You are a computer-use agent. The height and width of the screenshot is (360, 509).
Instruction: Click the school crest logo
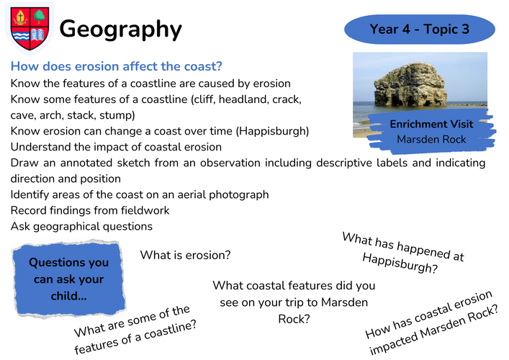pyautogui.click(x=30, y=29)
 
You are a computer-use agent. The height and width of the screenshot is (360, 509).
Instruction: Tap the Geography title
pyautogui.click(x=120, y=30)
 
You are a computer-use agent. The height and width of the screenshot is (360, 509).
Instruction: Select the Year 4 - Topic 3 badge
pyautogui.click(x=420, y=30)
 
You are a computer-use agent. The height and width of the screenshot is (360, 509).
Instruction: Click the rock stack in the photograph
pyautogui.click(x=410, y=85)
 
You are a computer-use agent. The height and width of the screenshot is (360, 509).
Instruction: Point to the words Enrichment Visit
pyautogui.click(x=431, y=124)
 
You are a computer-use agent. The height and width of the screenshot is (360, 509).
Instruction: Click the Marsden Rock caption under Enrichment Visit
pyautogui.click(x=431, y=139)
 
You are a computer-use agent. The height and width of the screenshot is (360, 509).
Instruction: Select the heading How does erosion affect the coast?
pyautogui.click(x=116, y=66)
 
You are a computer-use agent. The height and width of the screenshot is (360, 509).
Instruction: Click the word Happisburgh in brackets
pyautogui.click(x=273, y=131)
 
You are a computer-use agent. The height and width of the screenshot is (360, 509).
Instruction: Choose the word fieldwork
pyautogui.click(x=145, y=210)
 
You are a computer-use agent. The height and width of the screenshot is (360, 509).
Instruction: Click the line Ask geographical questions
pyautogui.click(x=81, y=226)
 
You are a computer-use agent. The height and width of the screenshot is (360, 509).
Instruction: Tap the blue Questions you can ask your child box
pyautogui.click(x=69, y=279)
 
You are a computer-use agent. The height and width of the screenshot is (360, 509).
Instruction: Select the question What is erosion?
pyautogui.click(x=185, y=255)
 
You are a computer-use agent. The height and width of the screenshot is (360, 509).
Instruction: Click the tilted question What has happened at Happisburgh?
pyautogui.click(x=402, y=253)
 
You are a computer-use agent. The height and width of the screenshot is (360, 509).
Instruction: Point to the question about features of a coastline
pyautogui.click(x=134, y=330)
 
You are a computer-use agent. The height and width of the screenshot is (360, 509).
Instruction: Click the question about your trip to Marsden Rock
pyautogui.click(x=294, y=302)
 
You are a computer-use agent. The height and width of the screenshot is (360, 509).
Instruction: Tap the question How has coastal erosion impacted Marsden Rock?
pyautogui.click(x=431, y=323)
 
